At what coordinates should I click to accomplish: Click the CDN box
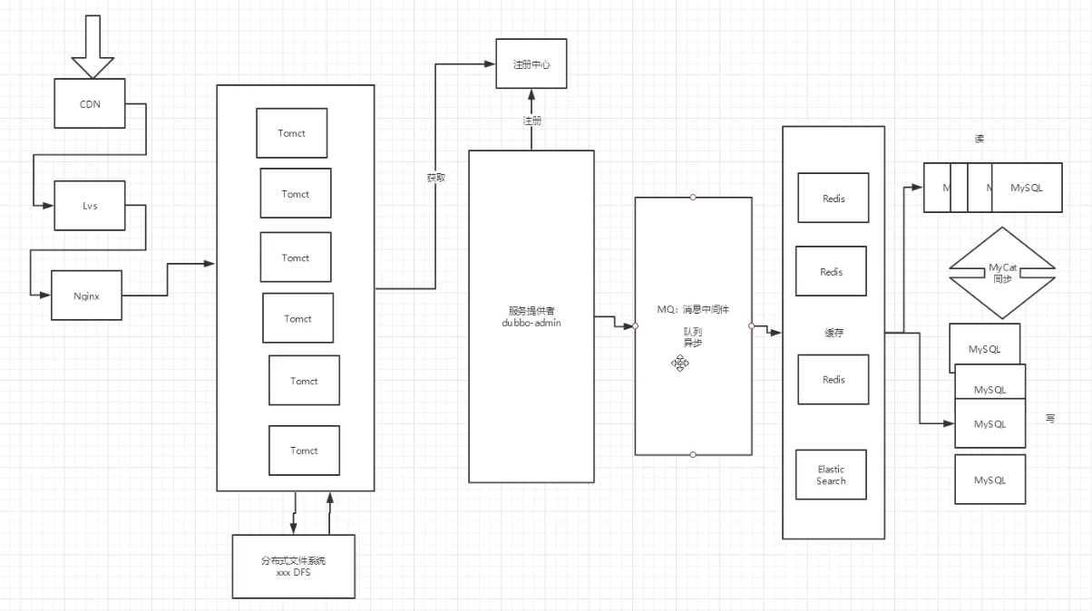pyautogui.click(x=90, y=103)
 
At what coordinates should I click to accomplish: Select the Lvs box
pyautogui.click(x=90, y=205)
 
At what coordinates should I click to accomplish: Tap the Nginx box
pyautogui.click(x=86, y=296)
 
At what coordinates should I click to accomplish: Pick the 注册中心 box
pyautogui.click(x=531, y=63)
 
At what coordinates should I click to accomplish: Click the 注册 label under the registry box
pyautogui.click(x=531, y=120)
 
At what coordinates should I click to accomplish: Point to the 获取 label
pyautogui.click(x=436, y=178)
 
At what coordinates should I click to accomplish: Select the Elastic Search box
pyautogui.click(x=831, y=475)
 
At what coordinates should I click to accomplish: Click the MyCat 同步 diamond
pyautogui.click(x=1002, y=273)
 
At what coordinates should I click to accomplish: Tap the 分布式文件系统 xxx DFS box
pyautogui.click(x=293, y=567)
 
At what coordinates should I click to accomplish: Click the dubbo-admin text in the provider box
pyautogui.click(x=531, y=323)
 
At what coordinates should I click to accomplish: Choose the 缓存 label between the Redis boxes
pyautogui.click(x=834, y=333)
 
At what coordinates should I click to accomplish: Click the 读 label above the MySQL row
pyautogui.click(x=980, y=139)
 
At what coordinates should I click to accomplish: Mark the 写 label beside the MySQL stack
pyautogui.click(x=1050, y=418)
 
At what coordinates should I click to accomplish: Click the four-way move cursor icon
pyautogui.click(x=680, y=363)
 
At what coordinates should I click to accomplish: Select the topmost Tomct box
pyautogui.click(x=291, y=133)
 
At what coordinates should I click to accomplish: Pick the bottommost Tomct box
pyautogui.click(x=304, y=451)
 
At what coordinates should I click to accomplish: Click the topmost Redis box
pyautogui.click(x=833, y=198)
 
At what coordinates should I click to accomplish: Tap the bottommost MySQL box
pyautogui.click(x=990, y=479)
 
